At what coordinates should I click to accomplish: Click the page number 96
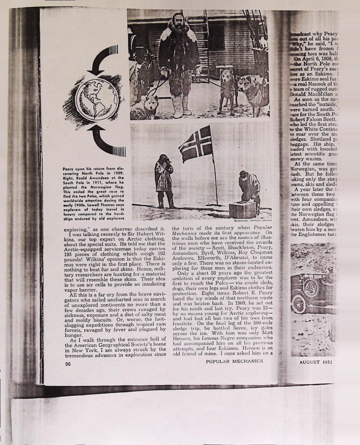(68, 364)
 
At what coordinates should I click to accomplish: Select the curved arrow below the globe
(106, 141)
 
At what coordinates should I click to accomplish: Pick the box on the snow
(242, 209)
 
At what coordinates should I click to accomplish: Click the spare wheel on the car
(310, 287)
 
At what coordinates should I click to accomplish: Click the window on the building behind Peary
(216, 37)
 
